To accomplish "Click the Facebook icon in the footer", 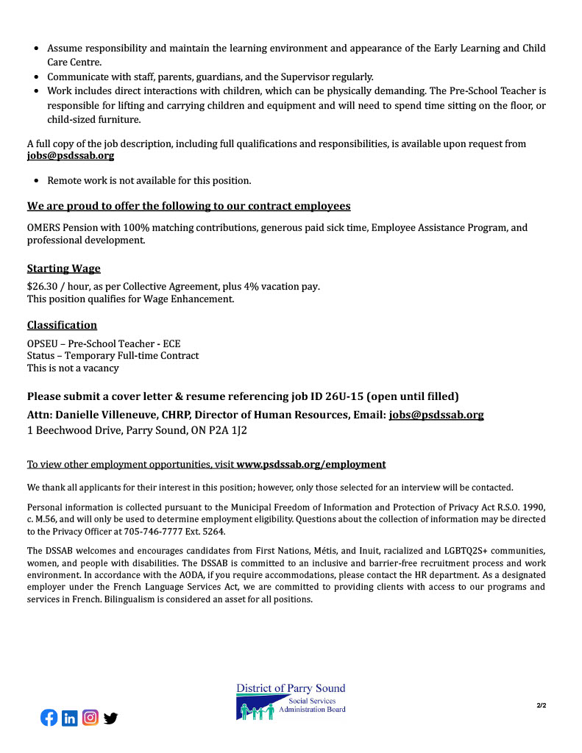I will click(49, 718).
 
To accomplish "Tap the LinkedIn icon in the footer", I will click(70, 718).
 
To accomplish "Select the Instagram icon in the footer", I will click(91, 718).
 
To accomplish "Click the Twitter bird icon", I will click(110, 718).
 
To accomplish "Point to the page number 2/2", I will click(541, 706).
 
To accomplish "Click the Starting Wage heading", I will click(64, 268).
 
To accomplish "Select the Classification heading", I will click(63, 325).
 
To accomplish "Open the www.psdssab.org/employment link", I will click(310, 465).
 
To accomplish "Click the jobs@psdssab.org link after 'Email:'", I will click(436, 415).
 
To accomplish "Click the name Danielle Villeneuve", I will click(110, 415).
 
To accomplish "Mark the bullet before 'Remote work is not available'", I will click(38, 181).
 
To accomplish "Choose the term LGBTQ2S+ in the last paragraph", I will click(426, 552).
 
